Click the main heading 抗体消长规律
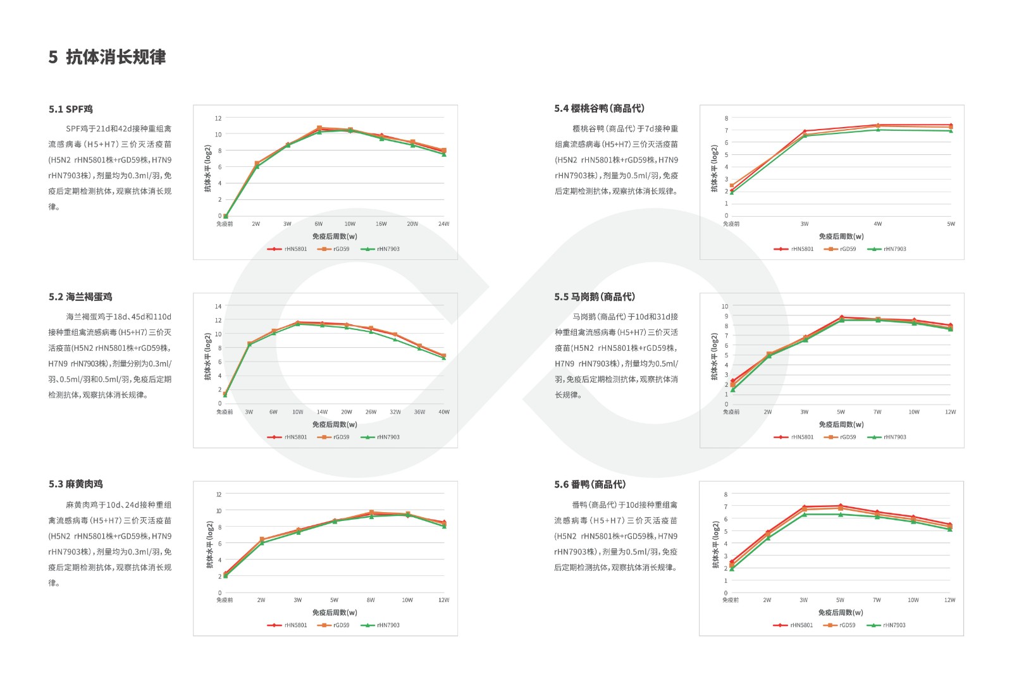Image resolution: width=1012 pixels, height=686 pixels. pos(116,57)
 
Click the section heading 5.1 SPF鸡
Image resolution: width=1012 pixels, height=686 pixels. pos(71,109)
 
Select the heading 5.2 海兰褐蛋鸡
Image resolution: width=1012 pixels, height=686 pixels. pos(80,297)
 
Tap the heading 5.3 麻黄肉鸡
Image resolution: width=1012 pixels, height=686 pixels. pos(76,484)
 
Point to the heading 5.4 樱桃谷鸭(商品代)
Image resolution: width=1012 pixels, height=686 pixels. pos(599,109)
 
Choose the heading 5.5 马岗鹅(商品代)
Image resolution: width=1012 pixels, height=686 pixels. pos(595,297)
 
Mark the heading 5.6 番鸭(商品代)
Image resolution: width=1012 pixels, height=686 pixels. pos(590,484)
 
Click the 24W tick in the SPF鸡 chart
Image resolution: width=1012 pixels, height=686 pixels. pos(443,224)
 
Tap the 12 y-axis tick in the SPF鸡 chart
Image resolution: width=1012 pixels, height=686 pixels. pos(218,118)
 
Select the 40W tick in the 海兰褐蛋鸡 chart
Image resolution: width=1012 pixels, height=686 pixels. pos(444,412)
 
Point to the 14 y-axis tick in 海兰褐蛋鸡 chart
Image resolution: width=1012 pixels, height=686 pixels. pos(218,307)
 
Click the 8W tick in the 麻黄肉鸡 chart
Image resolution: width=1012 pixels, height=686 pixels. pos(371,600)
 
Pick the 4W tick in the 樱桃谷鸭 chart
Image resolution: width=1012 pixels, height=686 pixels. pos(877,224)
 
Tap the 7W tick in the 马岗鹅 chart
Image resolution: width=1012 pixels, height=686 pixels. pos(877,412)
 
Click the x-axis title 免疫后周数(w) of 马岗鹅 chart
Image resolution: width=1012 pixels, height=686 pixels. pos(841,424)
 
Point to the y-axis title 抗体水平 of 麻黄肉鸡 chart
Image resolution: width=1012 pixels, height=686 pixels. pos(210,544)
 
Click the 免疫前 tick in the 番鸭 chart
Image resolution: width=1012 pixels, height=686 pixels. pos(731,600)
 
